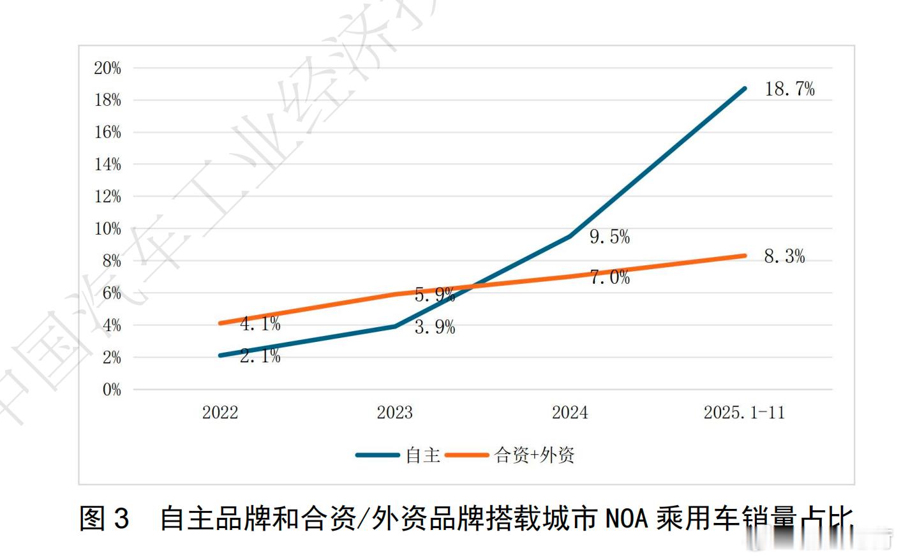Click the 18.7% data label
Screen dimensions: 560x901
pos(789,89)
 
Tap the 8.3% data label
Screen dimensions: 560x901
pos(784,256)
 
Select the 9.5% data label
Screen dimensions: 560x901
pos(609,237)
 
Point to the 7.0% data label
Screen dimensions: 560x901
pos(609,277)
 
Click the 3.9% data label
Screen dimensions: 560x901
pos(435,327)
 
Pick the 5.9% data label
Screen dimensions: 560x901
pos(435,295)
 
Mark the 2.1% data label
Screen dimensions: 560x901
pos(260,356)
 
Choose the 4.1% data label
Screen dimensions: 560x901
pos(260,324)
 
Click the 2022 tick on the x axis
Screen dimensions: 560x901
pos(220,413)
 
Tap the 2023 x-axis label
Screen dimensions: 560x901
pos(395,413)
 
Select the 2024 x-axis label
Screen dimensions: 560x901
pos(570,413)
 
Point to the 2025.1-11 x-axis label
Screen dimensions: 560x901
pos(744,413)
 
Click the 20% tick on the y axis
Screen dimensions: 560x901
pos(107,68)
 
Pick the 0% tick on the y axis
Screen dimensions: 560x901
pos(112,390)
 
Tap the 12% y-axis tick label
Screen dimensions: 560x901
pos(107,196)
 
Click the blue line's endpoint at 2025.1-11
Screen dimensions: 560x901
pos(745,89)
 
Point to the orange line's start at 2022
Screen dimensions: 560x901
pos(220,323)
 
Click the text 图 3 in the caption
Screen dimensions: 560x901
pos(104,518)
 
